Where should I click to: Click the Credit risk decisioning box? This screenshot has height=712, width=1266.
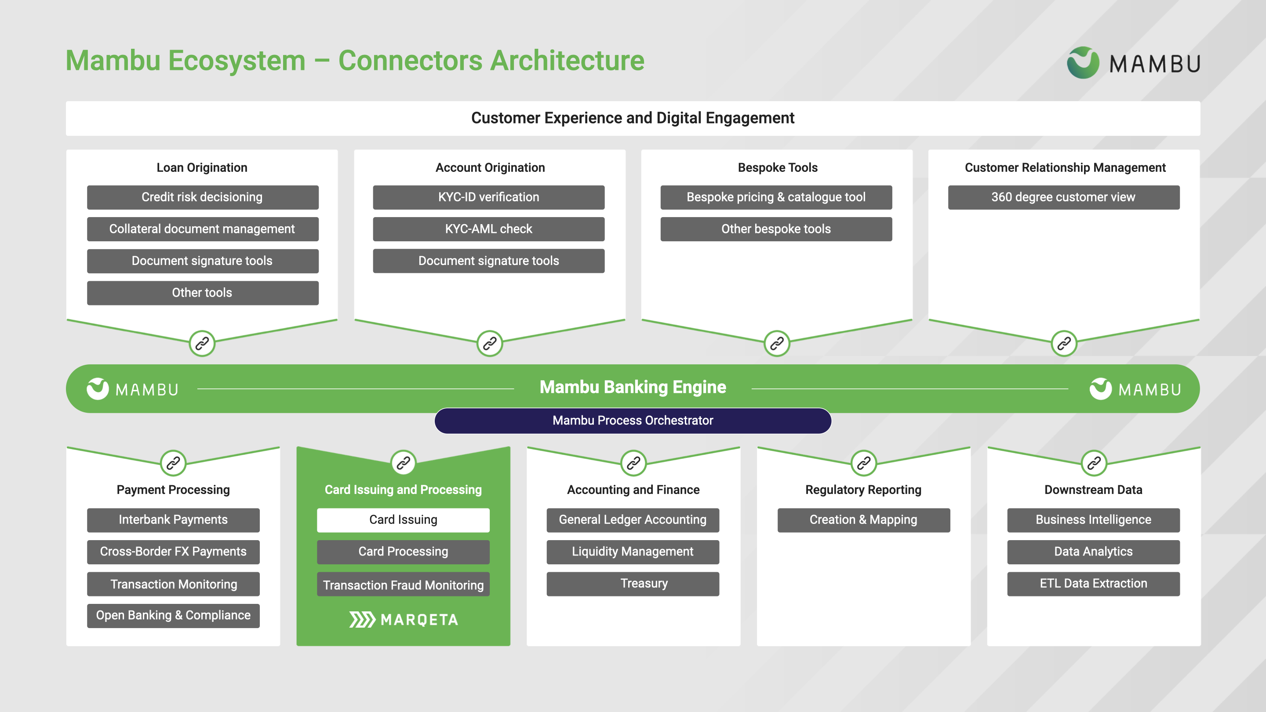pyautogui.click(x=203, y=197)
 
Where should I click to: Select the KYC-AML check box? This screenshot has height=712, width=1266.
pyautogui.click(x=488, y=229)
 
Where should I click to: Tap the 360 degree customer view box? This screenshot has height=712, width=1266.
pyautogui.click(x=1063, y=197)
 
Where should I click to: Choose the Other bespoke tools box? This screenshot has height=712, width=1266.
pyautogui.click(x=775, y=229)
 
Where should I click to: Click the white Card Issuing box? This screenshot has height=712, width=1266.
pyautogui.click(x=403, y=520)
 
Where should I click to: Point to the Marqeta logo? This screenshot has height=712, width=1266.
pyautogui.click(x=403, y=620)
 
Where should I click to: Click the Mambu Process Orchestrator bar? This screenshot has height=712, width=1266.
pyautogui.click(x=633, y=421)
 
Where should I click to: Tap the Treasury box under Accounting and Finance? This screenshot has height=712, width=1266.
pyautogui.click(x=633, y=584)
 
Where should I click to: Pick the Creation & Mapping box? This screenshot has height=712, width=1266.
pyautogui.click(x=863, y=520)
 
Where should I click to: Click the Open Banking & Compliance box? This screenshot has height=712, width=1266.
pyautogui.click(x=173, y=616)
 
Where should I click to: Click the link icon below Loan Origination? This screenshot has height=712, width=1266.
pyautogui.click(x=202, y=343)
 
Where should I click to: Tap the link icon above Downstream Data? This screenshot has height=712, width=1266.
pyautogui.click(x=1094, y=463)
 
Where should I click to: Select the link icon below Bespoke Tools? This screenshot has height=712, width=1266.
pyautogui.click(x=776, y=343)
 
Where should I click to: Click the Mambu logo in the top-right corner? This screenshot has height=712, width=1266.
pyautogui.click(x=1133, y=63)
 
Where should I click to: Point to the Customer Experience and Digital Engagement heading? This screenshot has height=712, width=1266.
pyautogui.click(x=633, y=118)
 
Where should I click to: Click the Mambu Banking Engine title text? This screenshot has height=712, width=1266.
pyautogui.click(x=633, y=387)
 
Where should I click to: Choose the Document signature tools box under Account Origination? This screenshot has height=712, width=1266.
pyautogui.click(x=488, y=261)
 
